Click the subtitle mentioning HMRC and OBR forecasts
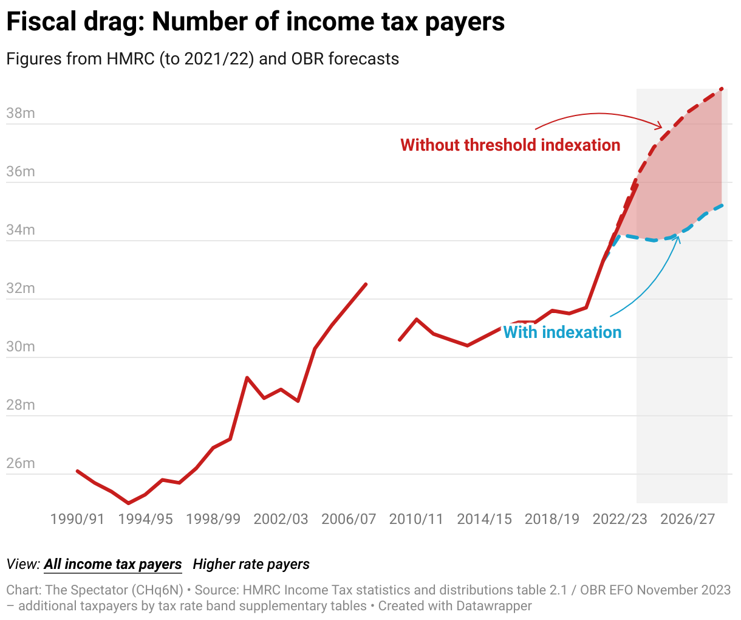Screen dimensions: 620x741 [202, 59]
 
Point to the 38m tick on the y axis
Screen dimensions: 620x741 [21, 114]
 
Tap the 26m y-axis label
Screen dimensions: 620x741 [21, 464]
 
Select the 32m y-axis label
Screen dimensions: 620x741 [21, 289]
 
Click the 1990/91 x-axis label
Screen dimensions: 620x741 [77, 519]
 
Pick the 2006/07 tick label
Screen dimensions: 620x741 [349, 519]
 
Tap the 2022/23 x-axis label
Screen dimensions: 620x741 [620, 519]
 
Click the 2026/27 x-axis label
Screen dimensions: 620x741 [688, 519]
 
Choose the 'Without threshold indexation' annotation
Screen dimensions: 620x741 [510, 145]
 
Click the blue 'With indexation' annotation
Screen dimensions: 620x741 [562, 332]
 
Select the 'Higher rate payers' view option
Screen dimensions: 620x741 [251, 565]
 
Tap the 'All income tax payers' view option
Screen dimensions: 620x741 [113, 565]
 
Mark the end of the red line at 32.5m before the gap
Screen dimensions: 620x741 [366, 284]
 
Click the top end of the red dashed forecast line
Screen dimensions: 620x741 [722, 89]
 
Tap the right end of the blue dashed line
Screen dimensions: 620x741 [722, 205]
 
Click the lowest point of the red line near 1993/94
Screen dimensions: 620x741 [128, 503]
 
